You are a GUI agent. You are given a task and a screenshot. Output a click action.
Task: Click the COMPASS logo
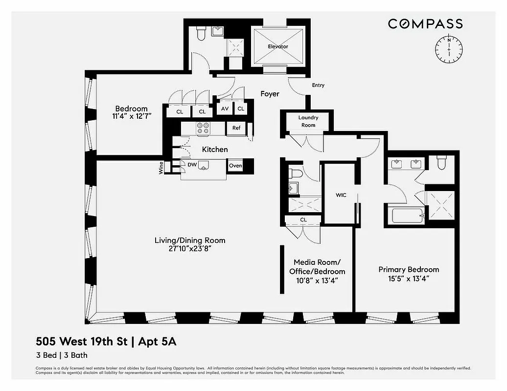(x=425, y=23)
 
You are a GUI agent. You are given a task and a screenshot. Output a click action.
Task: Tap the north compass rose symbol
(x=448, y=49)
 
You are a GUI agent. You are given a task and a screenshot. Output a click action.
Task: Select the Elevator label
(x=277, y=46)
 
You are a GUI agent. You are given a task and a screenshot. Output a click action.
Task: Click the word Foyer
(x=270, y=94)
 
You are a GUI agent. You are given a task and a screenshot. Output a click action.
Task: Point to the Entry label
(x=318, y=86)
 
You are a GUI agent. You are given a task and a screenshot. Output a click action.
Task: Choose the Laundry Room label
(x=308, y=121)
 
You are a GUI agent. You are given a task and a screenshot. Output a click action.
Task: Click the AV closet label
(x=225, y=109)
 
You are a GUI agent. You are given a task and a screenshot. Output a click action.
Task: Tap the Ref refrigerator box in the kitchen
(x=236, y=128)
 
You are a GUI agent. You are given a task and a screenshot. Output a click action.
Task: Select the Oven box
(x=235, y=166)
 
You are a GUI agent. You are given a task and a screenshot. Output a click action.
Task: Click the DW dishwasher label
(x=192, y=165)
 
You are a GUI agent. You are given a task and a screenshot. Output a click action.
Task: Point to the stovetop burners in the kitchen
(x=203, y=128)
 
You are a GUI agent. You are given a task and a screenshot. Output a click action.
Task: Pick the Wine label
(x=161, y=169)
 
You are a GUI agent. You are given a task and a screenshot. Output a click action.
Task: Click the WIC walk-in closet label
(x=341, y=195)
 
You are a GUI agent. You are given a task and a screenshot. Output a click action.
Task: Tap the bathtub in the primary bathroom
(x=407, y=215)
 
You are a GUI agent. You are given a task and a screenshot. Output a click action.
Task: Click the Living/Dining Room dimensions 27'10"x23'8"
(x=190, y=248)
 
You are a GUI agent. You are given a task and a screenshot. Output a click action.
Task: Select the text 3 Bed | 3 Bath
(x=61, y=355)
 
